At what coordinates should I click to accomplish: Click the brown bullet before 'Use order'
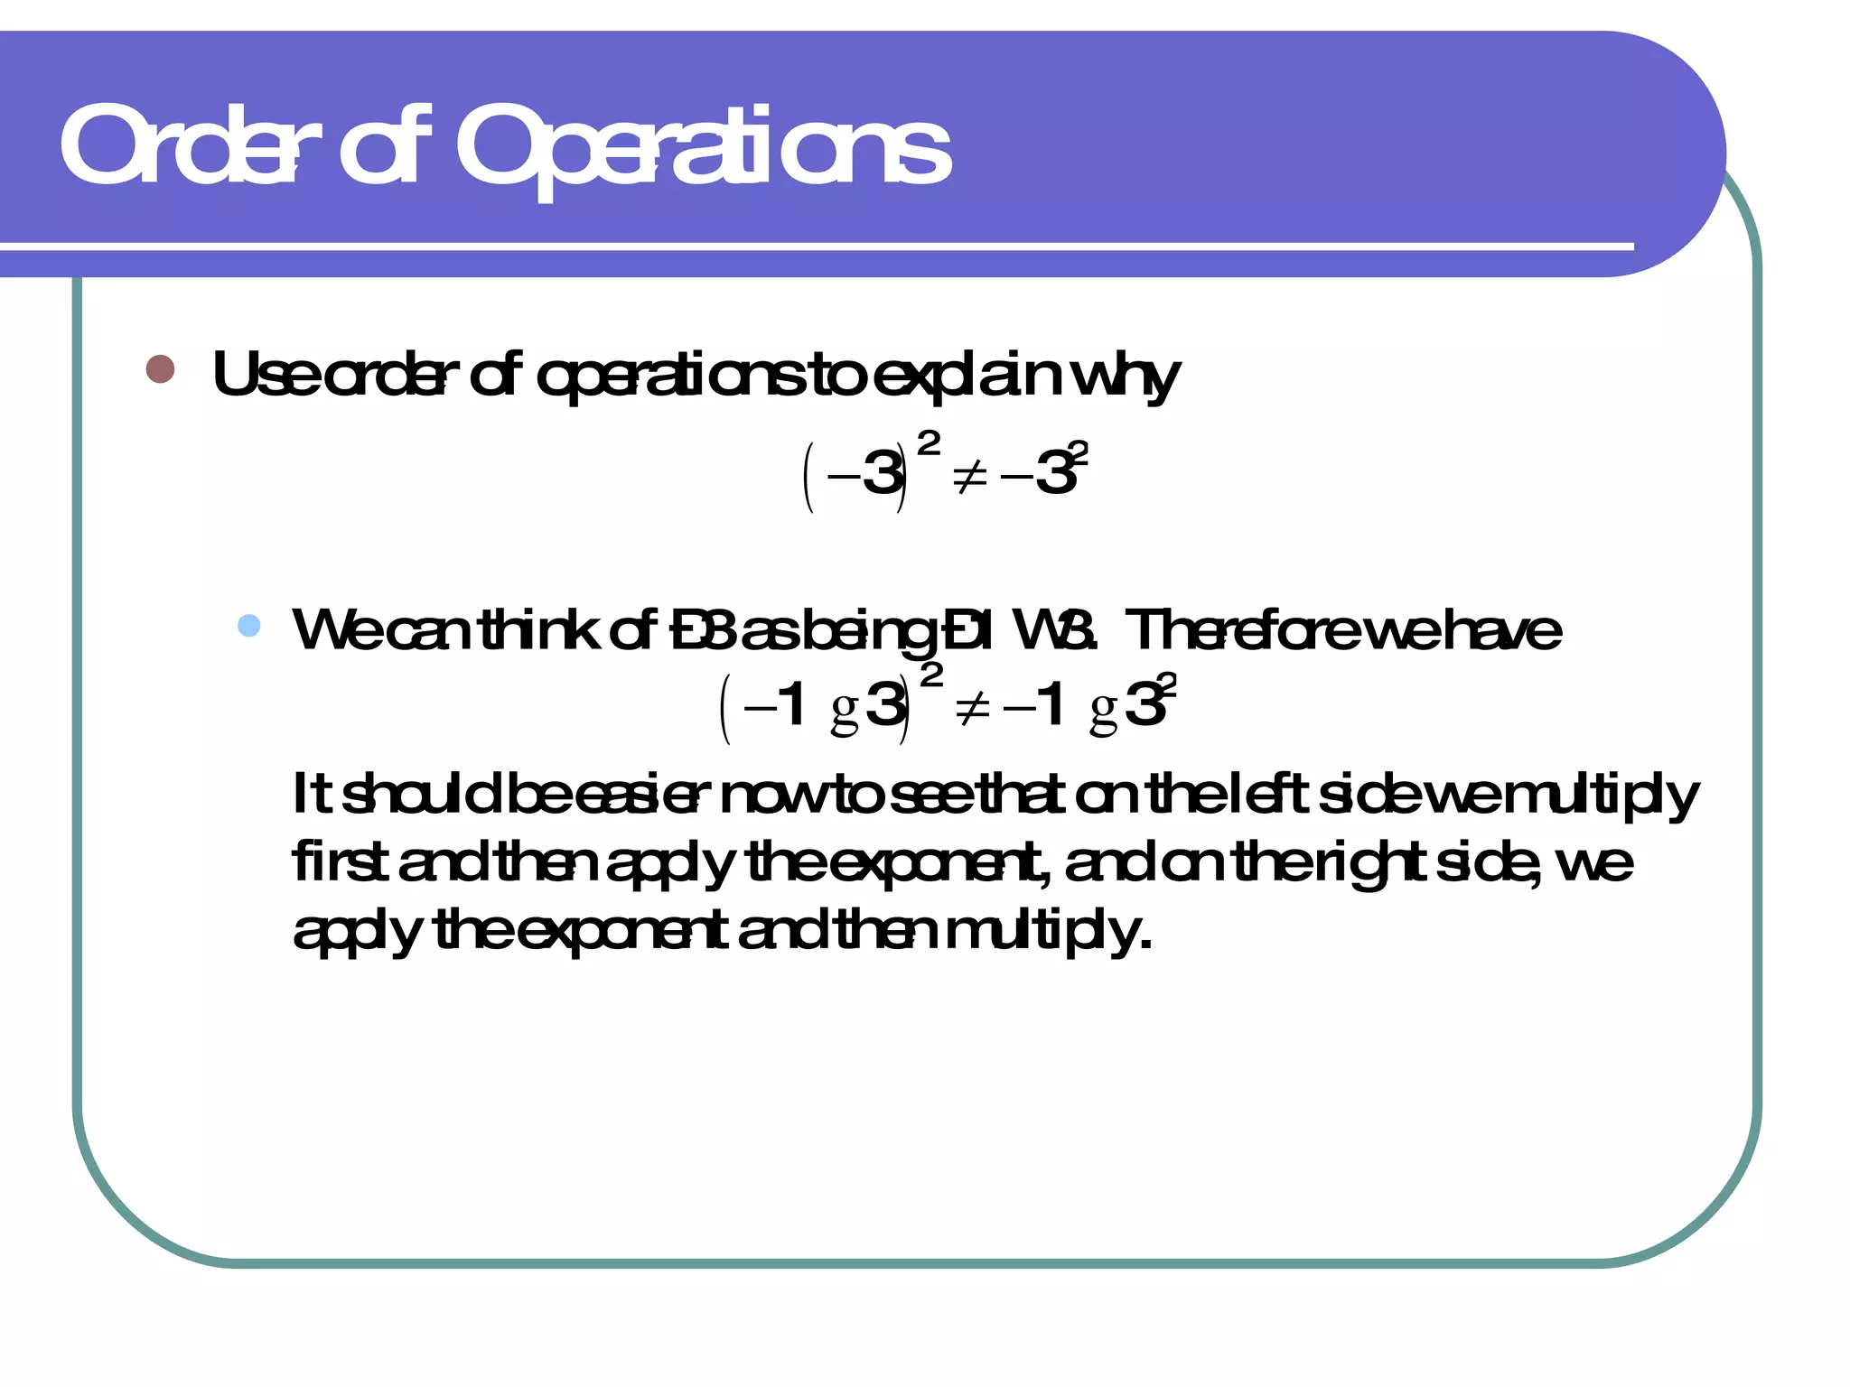tap(160, 368)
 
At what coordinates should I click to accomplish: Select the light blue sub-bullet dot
tap(248, 626)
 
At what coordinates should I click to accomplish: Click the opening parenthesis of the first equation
tap(809, 477)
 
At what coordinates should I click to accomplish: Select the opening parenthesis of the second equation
tap(724, 710)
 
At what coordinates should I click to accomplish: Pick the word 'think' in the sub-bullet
tap(538, 629)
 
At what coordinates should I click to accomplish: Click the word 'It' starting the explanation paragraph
tap(312, 794)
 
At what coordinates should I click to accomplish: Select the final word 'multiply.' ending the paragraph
tap(1048, 932)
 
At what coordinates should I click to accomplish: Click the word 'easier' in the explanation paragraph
tap(637, 795)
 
